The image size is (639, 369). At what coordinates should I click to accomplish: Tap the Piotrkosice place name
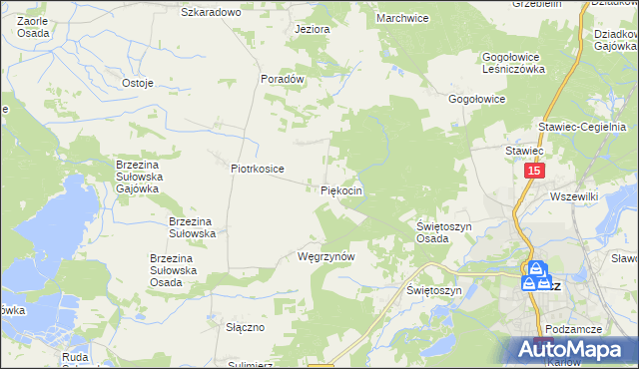point(258,169)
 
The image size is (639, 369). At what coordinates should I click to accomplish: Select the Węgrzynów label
point(326,256)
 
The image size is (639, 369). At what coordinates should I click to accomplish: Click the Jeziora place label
point(312,29)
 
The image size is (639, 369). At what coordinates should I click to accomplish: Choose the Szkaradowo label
point(211,12)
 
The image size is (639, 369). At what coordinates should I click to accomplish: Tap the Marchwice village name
point(401,18)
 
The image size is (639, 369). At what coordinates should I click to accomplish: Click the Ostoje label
point(137,83)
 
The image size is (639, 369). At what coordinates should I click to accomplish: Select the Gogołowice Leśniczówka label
point(513,64)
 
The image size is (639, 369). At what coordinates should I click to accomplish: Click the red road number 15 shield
point(534,173)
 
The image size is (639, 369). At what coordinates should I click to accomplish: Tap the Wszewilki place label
point(573,197)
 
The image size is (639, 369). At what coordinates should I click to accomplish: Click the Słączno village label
point(244,327)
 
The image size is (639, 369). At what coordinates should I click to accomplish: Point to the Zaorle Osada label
point(36,27)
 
